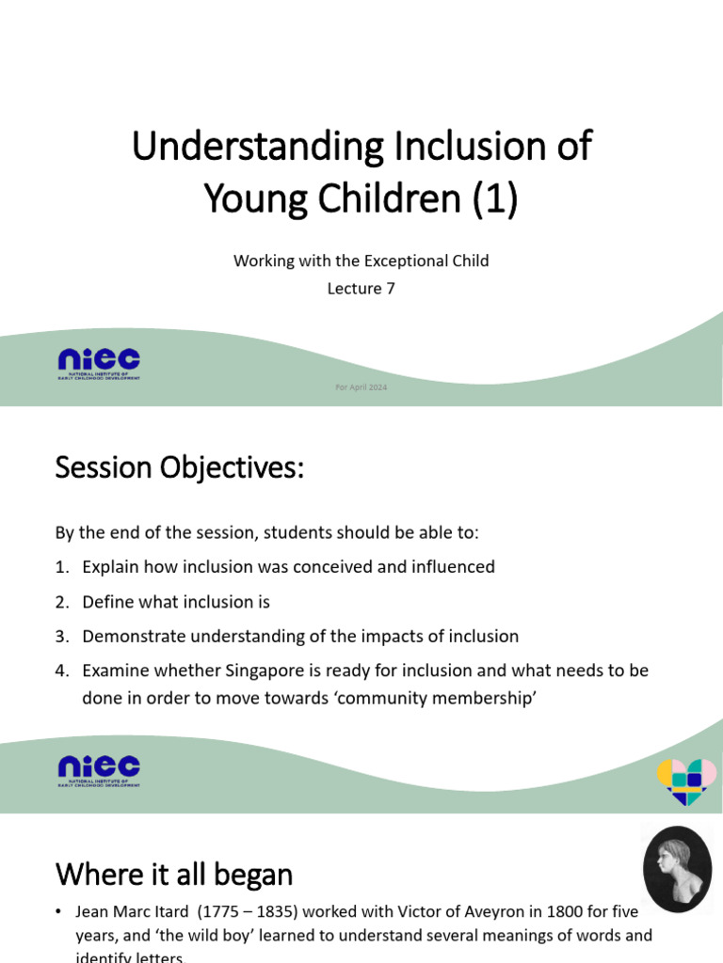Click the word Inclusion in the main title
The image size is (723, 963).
point(474,147)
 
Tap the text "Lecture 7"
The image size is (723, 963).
point(361,289)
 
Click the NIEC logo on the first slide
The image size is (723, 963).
point(98,361)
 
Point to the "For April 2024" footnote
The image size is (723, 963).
point(361,387)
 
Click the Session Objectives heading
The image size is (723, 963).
point(180,467)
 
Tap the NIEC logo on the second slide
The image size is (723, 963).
point(98,770)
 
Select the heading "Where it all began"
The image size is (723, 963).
point(174,875)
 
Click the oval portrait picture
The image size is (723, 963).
point(677,869)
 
